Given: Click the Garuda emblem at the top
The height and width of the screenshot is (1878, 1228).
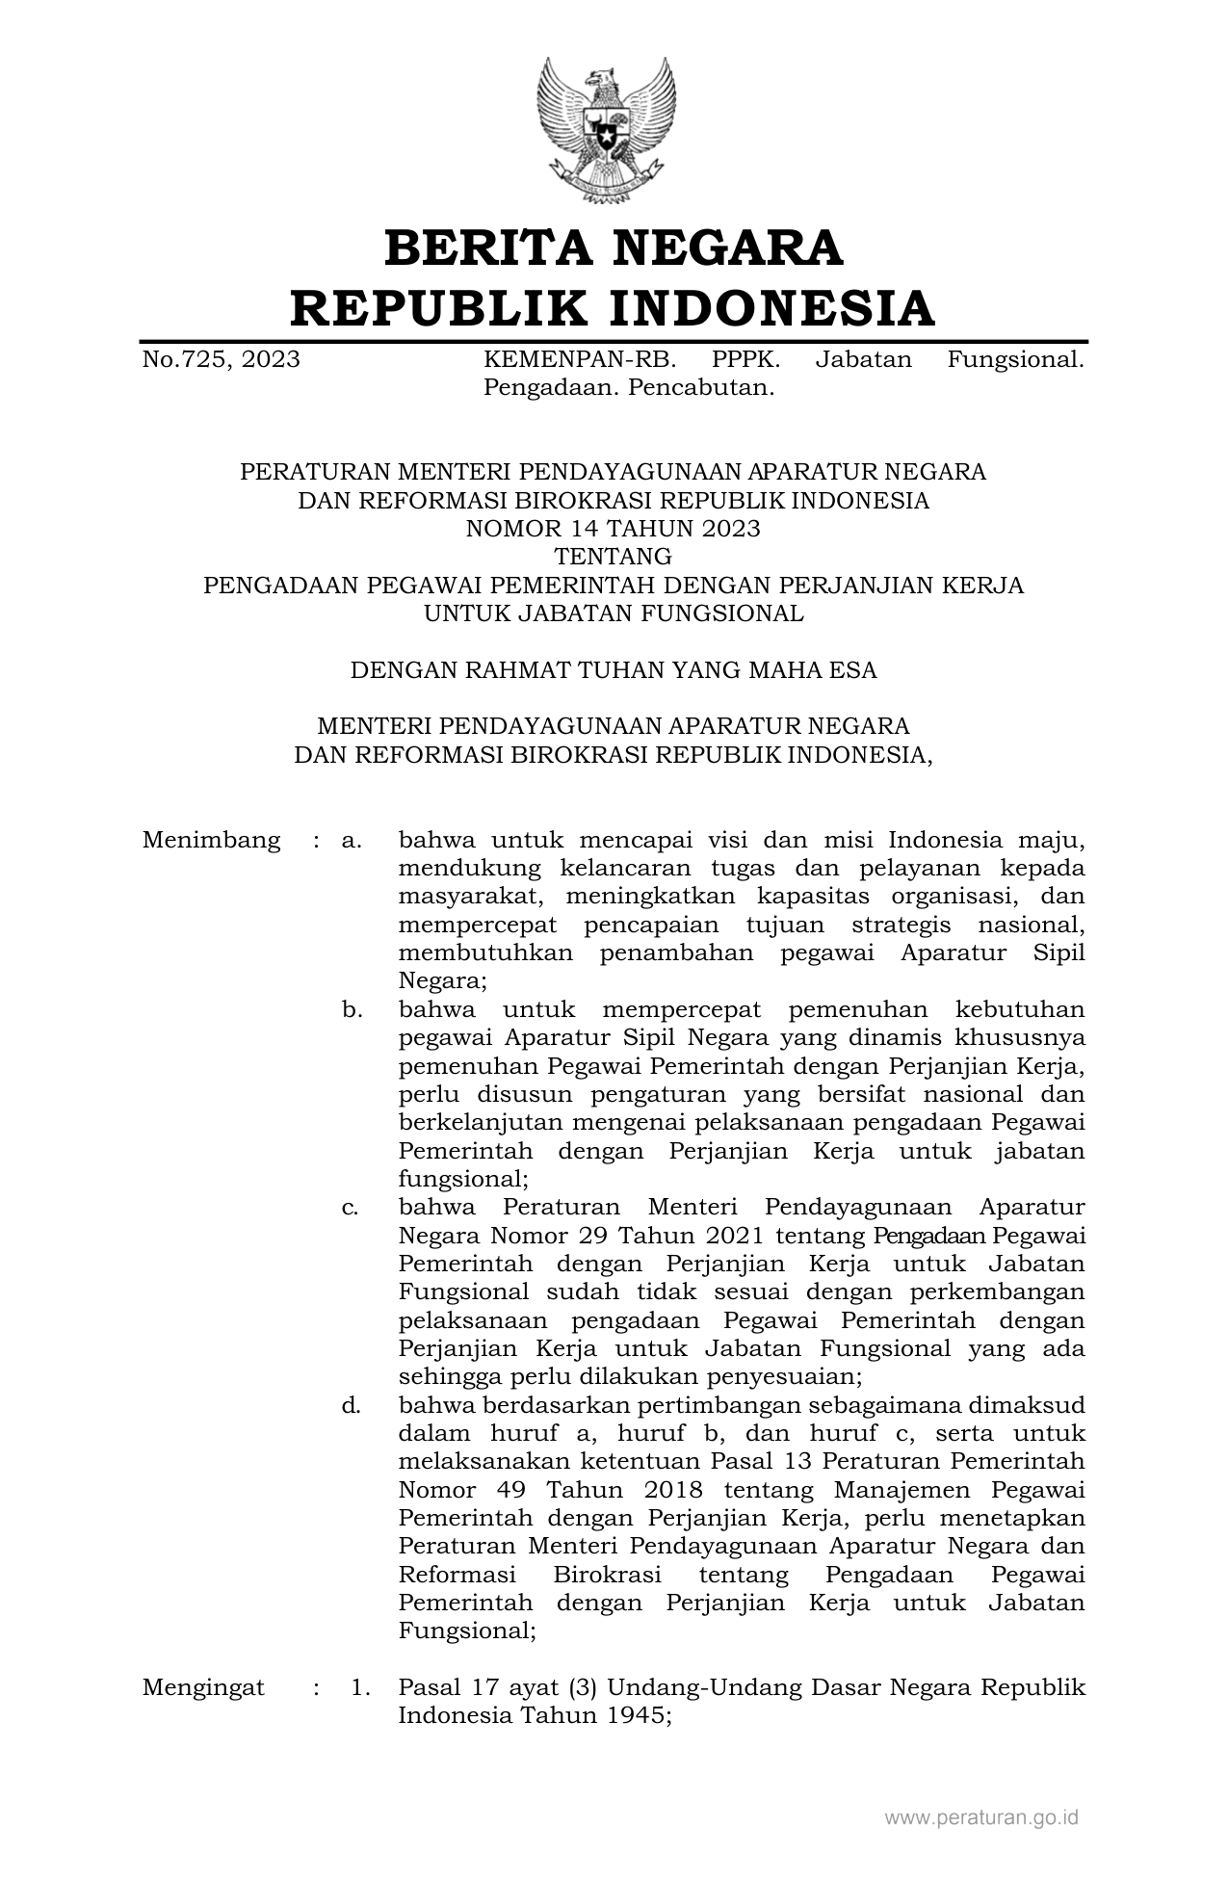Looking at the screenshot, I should coord(606,129).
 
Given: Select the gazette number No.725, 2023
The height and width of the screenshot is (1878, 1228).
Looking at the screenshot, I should coord(221,360).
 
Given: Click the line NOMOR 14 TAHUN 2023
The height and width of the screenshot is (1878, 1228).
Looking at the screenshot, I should coord(613,529).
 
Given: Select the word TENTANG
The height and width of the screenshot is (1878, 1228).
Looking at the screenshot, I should coord(613,557).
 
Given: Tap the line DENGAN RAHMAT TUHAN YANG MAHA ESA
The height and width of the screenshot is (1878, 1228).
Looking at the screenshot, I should coord(613,670).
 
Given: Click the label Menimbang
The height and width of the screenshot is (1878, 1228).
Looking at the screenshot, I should coord(211,841).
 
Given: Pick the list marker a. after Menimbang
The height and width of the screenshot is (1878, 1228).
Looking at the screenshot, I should coord(352,841).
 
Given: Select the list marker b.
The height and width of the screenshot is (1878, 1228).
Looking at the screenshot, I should coord(352,1010).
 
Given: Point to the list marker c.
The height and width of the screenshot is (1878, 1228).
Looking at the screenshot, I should coord(352,1208).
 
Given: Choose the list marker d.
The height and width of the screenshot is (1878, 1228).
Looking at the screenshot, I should coord(352,1405).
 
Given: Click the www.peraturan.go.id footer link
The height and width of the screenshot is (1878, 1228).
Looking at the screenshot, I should coord(981,1818).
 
